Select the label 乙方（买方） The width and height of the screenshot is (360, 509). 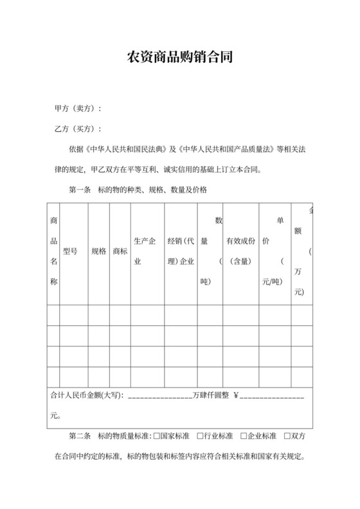77,129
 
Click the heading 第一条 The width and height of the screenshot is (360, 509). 80,190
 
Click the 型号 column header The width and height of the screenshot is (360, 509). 70,251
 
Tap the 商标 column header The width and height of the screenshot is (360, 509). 120,251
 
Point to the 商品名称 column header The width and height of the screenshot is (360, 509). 53,251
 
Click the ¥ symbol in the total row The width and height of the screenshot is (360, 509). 236,396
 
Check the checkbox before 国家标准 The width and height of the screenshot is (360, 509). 156,436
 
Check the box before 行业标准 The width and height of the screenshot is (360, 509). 201,436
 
